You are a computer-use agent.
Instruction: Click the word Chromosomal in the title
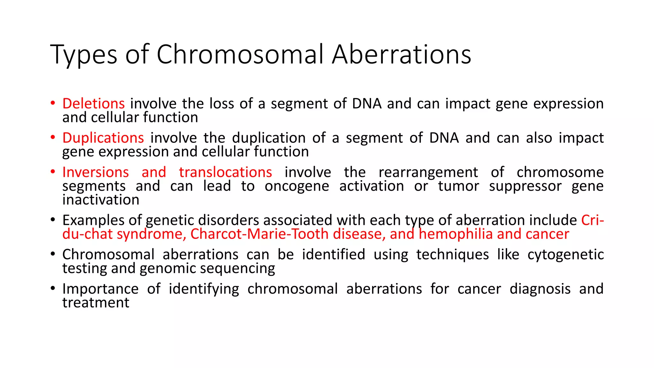coord(240,54)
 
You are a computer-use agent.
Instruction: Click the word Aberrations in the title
coord(401,54)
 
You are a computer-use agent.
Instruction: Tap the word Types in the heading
coord(84,55)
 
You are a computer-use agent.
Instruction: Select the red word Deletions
coord(94,103)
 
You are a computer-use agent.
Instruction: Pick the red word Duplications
coord(103,138)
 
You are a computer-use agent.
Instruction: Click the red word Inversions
coord(95,172)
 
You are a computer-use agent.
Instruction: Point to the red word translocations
coord(225,172)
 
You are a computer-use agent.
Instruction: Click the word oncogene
coord(297,186)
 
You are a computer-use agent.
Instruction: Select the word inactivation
coord(101,200)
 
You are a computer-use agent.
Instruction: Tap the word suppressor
coord(525,186)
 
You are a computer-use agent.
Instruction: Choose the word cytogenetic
coord(565,255)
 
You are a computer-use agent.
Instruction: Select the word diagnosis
coord(540,289)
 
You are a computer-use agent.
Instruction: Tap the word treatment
coord(96,303)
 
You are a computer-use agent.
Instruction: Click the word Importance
coord(100,289)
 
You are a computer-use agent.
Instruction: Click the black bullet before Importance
coord(53,289)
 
